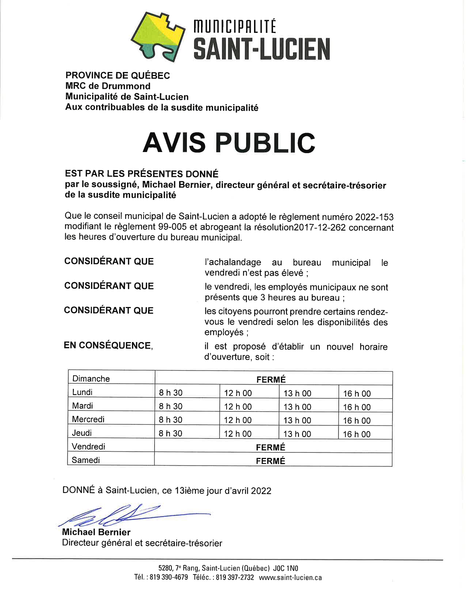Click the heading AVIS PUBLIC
pyautogui.click(x=229, y=142)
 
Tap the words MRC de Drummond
pyautogui.click(x=108, y=86)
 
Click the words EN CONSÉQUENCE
pyautogui.click(x=108, y=345)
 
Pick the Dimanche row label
pyautogui.click(x=91, y=379)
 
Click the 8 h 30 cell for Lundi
pyautogui.click(x=170, y=393)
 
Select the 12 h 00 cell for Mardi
pyautogui.click(x=238, y=407)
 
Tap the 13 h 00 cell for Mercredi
pyautogui.click(x=297, y=420)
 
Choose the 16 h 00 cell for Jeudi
pyautogui.click(x=356, y=434)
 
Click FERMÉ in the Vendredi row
pyautogui.click(x=270, y=447)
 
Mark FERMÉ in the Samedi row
pyautogui.click(x=270, y=461)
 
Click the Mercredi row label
pyautogui.click(x=88, y=419)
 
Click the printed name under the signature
pyautogui.click(x=96, y=532)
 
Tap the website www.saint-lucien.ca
pyautogui.click(x=290, y=577)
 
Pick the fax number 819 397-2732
pyautogui.click(x=235, y=577)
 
